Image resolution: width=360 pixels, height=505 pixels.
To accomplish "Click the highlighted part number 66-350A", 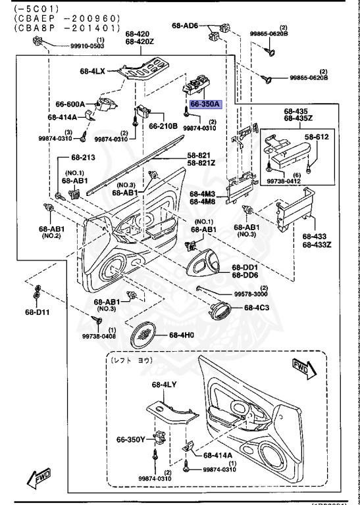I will click(205, 104).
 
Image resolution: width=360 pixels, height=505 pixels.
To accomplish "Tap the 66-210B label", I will click(163, 126).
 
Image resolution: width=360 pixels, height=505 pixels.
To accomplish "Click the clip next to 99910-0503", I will click(38, 43).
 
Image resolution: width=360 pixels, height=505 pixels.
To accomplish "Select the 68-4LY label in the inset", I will click(165, 385).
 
